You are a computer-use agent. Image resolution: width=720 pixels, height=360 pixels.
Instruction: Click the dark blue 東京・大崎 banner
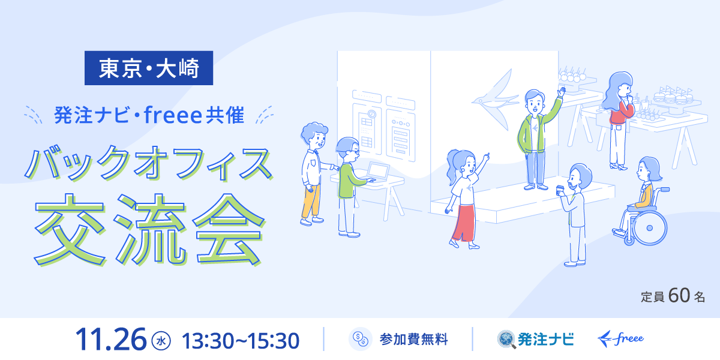tap(149, 68)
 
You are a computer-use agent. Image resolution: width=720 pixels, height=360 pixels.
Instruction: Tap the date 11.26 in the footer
tap(110, 340)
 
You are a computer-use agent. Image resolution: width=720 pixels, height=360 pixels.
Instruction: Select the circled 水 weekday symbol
tap(161, 341)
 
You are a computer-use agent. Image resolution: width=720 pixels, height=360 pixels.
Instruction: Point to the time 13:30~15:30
tap(241, 341)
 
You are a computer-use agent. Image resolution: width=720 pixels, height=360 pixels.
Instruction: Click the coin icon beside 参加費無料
tap(361, 339)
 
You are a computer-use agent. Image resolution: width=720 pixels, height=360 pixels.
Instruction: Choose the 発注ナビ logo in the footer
tap(535, 340)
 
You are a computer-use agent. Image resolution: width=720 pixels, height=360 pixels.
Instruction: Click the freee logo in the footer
tap(620, 339)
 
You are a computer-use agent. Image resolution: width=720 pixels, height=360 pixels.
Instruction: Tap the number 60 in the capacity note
tap(679, 295)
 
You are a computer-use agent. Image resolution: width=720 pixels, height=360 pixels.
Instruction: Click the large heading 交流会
tap(149, 229)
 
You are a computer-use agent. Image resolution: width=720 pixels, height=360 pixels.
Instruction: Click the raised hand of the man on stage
tap(561, 92)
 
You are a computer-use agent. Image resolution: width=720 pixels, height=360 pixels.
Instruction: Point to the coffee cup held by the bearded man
tap(560, 190)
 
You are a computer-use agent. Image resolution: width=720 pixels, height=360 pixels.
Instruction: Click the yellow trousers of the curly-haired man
tap(311, 201)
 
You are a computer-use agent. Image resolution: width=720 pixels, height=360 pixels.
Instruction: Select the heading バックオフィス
tap(149, 163)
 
